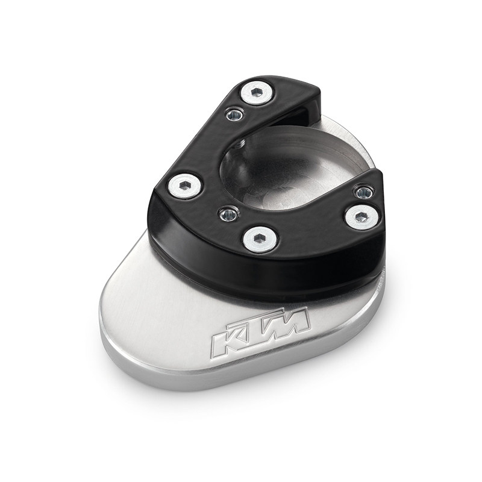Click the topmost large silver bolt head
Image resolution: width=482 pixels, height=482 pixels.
point(257,93)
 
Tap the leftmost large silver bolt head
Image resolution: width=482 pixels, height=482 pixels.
point(186,186)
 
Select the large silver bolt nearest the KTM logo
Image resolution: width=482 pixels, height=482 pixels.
point(261,240)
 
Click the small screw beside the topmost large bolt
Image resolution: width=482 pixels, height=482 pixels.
point(235,115)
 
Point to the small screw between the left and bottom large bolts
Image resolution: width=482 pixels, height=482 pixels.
point(229,213)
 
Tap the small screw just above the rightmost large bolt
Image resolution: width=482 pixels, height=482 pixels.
point(365,192)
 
